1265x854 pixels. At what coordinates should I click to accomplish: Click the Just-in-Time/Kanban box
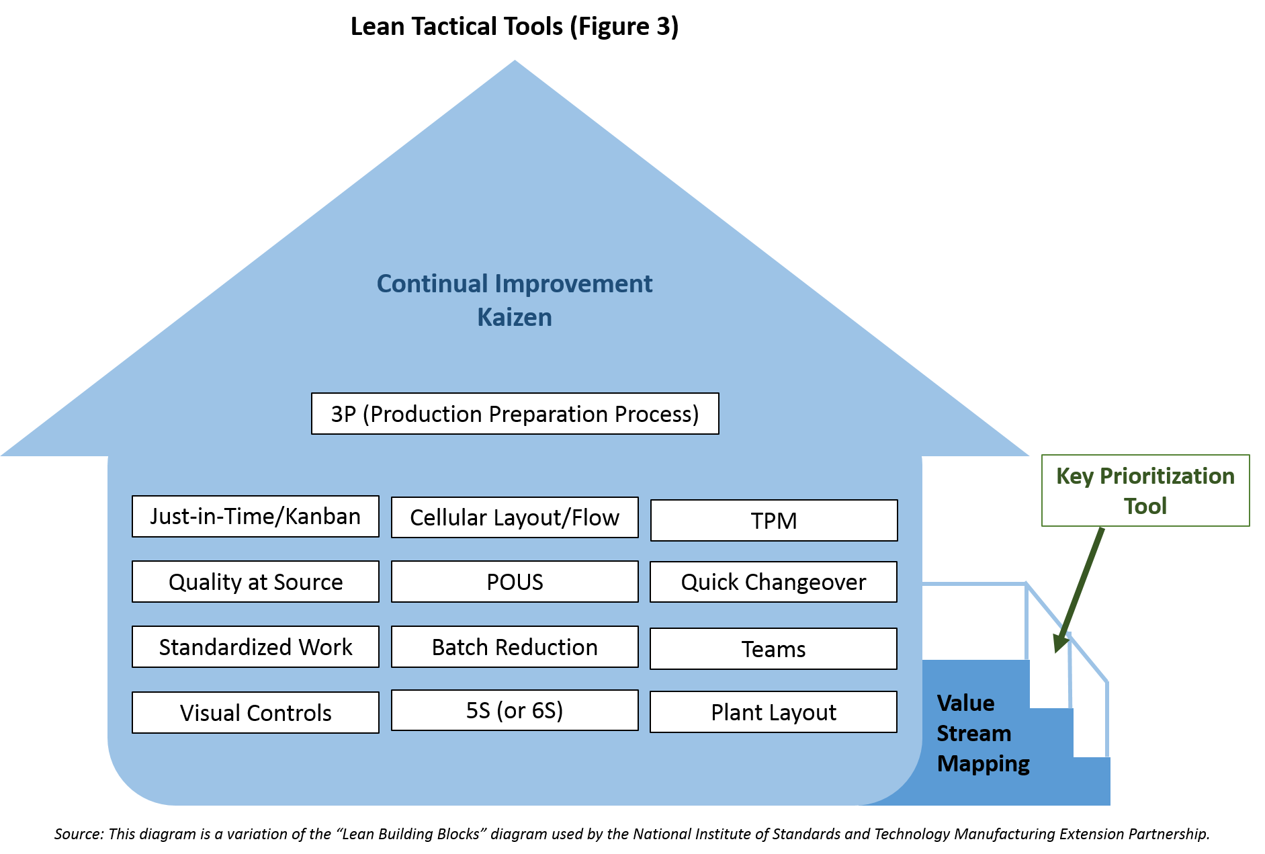click(255, 516)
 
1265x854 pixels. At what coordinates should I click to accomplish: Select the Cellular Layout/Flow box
click(515, 517)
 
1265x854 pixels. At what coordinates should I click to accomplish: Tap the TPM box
click(774, 520)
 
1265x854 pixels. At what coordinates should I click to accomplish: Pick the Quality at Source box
click(255, 581)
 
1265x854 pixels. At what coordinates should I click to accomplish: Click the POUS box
click(515, 581)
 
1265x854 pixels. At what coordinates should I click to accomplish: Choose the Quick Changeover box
click(773, 581)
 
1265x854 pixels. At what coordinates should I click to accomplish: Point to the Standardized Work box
click(255, 646)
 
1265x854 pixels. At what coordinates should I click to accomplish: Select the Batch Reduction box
click(515, 646)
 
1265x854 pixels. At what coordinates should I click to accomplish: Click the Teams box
click(773, 648)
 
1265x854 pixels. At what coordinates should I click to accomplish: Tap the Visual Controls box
click(255, 712)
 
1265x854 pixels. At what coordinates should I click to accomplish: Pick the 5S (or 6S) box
click(515, 710)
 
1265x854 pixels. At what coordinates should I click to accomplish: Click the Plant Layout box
click(773, 712)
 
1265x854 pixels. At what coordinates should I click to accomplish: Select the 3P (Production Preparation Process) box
click(515, 413)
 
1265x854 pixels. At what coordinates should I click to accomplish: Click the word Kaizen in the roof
click(515, 317)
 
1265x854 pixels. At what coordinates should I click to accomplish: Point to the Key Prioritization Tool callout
click(1145, 490)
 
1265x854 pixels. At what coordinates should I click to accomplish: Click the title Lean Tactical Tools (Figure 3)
click(515, 26)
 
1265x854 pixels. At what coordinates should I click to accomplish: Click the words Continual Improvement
click(515, 284)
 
